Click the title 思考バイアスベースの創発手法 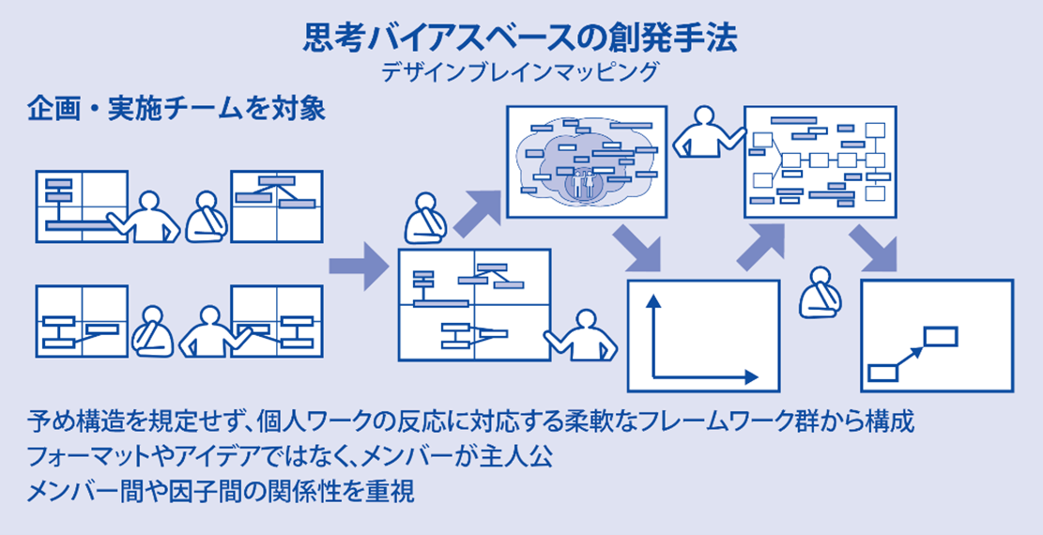(521, 38)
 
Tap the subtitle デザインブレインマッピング (521, 71)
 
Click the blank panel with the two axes (703, 335)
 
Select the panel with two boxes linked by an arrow (936, 335)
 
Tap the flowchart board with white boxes (819, 161)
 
